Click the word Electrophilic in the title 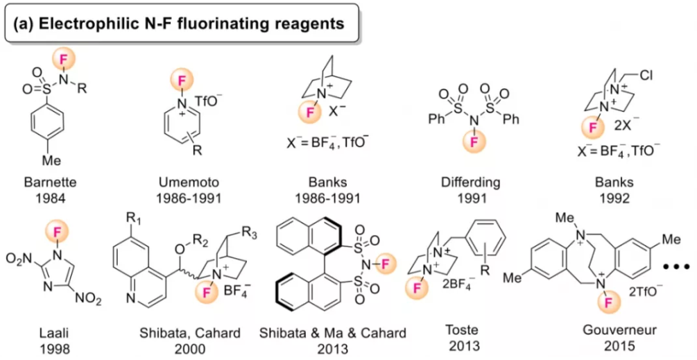[83, 24]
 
